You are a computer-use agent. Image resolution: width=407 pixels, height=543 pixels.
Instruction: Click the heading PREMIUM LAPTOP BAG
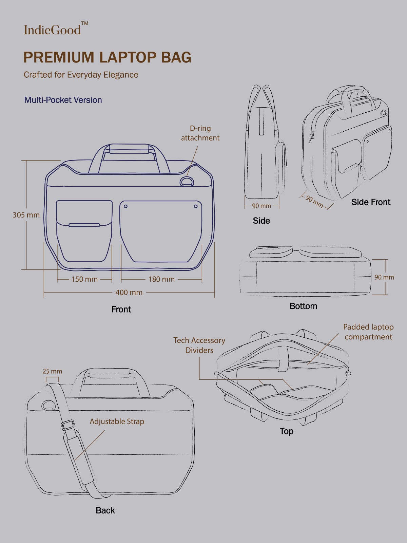107,57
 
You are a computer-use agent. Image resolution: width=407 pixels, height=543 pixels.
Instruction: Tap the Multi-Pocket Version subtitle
63,100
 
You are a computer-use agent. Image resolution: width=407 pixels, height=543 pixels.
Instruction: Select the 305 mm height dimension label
26,215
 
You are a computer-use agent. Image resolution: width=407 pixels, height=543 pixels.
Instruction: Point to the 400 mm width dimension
129,293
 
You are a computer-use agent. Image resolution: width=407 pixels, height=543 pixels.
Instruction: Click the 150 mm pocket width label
84,279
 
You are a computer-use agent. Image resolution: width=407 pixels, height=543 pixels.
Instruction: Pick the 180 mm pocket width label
161,279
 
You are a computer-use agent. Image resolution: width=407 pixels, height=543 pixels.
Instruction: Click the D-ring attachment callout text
200,133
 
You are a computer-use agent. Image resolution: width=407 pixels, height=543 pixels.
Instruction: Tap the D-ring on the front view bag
187,182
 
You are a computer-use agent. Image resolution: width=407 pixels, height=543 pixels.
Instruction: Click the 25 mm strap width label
52,371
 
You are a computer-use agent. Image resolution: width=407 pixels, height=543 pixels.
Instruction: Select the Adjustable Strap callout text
117,422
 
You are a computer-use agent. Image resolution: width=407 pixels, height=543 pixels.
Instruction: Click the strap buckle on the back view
68,425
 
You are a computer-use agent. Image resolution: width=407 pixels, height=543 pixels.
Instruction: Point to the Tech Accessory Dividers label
199,345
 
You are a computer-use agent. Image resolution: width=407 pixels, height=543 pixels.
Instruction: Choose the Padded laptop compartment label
368,332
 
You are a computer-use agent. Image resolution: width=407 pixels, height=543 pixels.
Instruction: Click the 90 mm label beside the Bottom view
384,277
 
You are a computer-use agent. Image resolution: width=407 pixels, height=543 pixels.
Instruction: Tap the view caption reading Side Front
371,202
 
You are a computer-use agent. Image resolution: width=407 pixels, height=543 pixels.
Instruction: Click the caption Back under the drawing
105,510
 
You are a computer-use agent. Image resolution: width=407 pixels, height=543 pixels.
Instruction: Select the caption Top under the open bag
287,431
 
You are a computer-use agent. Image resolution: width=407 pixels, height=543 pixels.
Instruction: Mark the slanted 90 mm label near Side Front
314,201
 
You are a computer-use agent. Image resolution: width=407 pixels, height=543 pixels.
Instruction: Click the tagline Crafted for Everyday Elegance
81,75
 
